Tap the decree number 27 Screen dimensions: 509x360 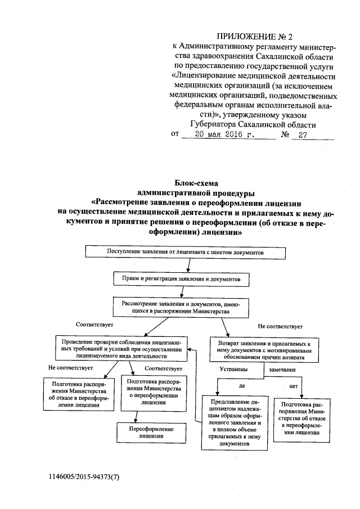click(303, 136)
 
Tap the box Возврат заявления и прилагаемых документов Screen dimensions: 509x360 click(264, 350)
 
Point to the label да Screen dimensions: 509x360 click(242, 386)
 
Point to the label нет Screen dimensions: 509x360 click(293, 386)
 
